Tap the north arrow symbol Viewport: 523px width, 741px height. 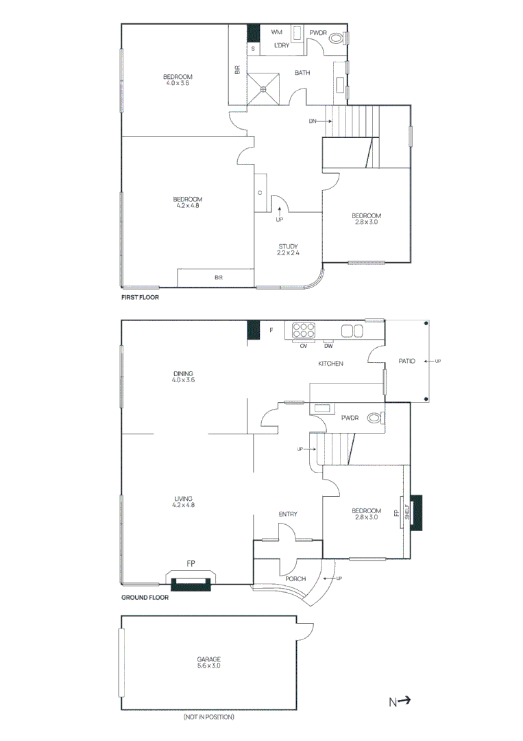(400, 701)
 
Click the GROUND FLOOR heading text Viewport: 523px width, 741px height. (145, 597)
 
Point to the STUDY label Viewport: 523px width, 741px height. (289, 246)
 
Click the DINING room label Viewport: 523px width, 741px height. (183, 374)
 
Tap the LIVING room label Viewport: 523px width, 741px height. (183, 499)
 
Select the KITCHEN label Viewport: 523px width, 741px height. (330, 363)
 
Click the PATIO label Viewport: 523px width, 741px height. (407, 360)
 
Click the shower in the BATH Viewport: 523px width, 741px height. (263, 88)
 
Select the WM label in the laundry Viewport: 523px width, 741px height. (277, 32)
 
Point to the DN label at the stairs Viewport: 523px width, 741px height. (313, 121)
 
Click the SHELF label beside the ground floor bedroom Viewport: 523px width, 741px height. (406, 513)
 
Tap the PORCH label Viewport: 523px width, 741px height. (295, 579)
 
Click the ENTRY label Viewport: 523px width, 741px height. (288, 514)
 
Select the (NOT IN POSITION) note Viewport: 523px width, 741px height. (208, 717)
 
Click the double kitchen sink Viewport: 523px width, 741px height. (352, 331)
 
